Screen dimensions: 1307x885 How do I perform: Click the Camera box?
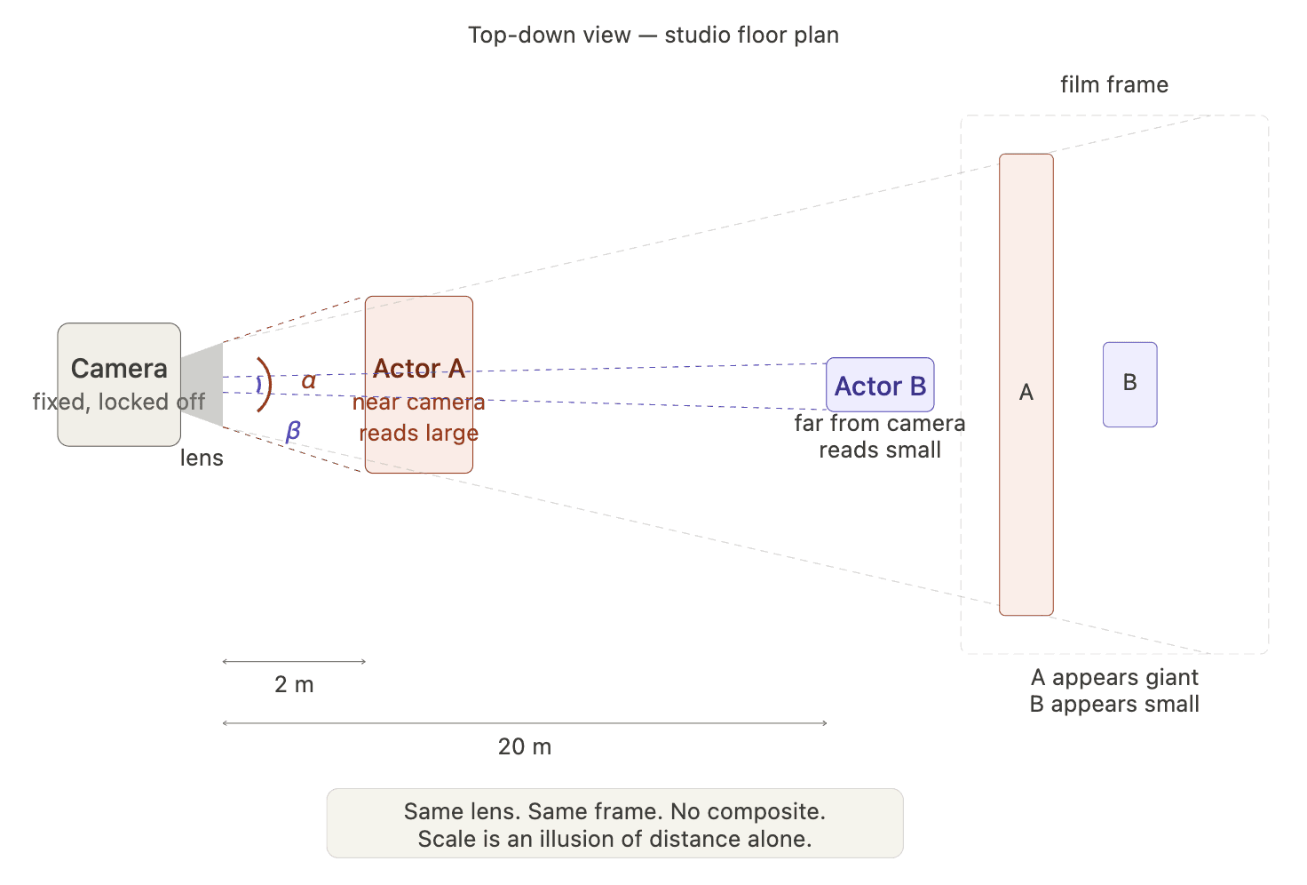pyautogui.click(x=119, y=384)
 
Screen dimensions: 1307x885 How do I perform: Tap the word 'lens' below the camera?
pyautogui.click(x=202, y=458)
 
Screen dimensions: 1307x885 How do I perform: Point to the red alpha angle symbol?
pyautogui.click(x=308, y=381)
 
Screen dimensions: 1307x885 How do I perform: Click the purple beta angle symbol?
pyautogui.click(x=293, y=431)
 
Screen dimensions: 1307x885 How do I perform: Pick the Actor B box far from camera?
pyautogui.click(x=880, y=386)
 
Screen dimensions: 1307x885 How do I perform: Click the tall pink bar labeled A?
pyautogui.click(x=1026, y=384)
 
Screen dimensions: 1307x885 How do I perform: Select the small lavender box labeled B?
pyautogui.click(x=1129, y=384)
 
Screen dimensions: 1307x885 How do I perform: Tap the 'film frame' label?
pyautogui.click(x=1114, y=84)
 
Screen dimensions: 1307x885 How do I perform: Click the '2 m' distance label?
pyautogui.click(x=294, y=684)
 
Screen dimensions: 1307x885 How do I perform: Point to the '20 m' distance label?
pyautogui.click(x=525, y=746)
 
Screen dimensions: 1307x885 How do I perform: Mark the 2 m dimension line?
pyautogui.click(x=294, y=662)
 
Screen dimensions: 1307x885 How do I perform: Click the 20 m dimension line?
pyautogui.click(x=525, y=723)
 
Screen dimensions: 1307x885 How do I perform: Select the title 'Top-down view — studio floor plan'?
pyautogui.click(x=653, y=35)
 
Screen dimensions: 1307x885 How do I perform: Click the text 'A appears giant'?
pyautogui.click(x=1114, y=677)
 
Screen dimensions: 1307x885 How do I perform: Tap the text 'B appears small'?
pyautogui.click(x=1114, y=704)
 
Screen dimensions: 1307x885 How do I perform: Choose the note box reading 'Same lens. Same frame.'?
pyautogui.click(x=614, y=824)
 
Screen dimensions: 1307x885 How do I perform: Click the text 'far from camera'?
pyautogui.click(x=880, y=423)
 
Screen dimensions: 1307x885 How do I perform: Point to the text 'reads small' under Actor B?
pyautogui.click(x=880, y=450)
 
